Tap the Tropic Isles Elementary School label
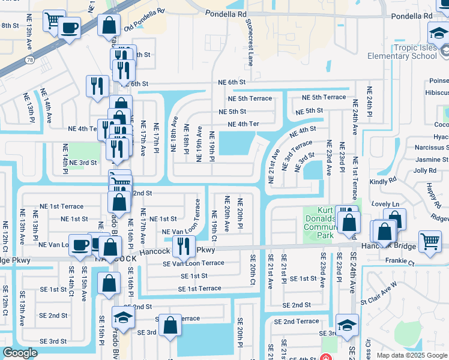point(408,52)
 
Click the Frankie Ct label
point(399,262)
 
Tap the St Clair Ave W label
point(379,296)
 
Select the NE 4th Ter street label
point(243,124)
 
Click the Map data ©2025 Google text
point(411,355)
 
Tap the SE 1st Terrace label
point(199,289)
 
